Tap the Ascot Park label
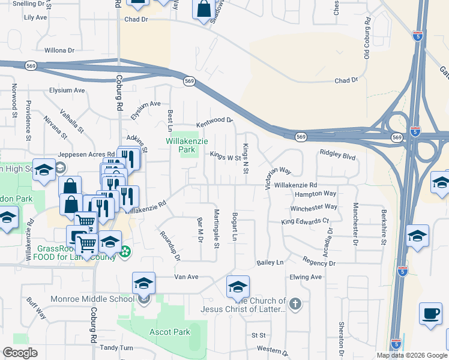click(x=169, y=332)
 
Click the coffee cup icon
click(x=430, y=314)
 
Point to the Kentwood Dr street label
click(x=214, y=120)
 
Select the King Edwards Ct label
click(x=306, y=221)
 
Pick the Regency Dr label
click(x=318, y=263)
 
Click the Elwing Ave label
click(x=306, y=277)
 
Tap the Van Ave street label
click(x=186, y=277)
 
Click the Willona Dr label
click(x=59, y=51)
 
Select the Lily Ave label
click(x=35, y=17)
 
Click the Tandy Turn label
click(x=117, y=348)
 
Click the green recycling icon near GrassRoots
click(x=125, y=251)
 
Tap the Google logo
click(x=20, y=353)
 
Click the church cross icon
click(x=295, y=304)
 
